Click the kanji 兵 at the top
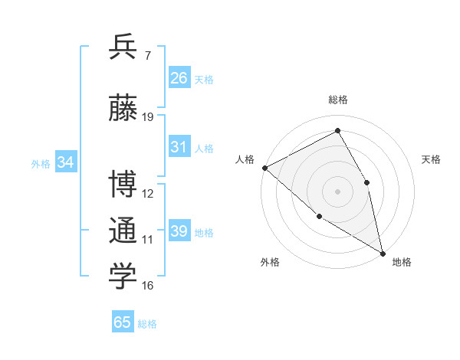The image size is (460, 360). [123, 47]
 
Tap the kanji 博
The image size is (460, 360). [123, 184]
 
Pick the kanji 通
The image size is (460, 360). [123, 231]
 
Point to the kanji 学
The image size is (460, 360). [123, 277]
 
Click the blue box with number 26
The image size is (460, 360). [179, 77]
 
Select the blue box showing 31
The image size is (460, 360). [179, 147]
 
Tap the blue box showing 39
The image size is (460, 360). [179, 231]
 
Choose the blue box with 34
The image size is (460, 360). [65, 162]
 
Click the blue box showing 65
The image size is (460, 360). [123, 322]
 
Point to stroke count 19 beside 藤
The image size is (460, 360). [148, 117]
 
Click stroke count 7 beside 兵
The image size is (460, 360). [147, 55]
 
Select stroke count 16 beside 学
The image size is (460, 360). [148, 286]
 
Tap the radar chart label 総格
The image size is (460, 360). [338, 100]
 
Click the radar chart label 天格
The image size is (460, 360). [431, 159]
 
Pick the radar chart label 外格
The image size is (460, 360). [270, 262]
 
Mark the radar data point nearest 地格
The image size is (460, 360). [383, 252]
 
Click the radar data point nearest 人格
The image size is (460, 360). [264, 168]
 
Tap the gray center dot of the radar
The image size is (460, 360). [337, 191]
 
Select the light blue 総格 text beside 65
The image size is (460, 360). [147, 324]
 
